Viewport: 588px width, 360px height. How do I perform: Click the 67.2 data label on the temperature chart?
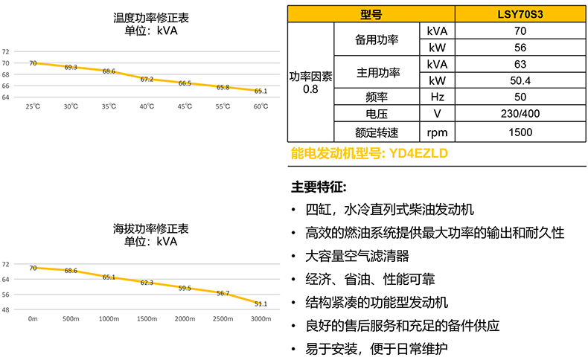[x=147, y=79]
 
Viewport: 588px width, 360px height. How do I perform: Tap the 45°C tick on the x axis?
[x=185, y=106]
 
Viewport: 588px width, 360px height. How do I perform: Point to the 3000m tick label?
[x=261, y=318]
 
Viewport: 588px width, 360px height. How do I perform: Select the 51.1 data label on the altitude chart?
[x=261, y=303]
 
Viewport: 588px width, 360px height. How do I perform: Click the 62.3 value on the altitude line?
[x=147, y=283]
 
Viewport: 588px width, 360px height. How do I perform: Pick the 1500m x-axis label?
[x=147, y=318]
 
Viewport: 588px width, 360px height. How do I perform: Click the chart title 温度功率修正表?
[x=147, y=18]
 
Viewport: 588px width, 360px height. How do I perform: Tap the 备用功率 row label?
[x=377, y=39]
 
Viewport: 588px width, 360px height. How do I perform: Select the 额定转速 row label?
[x=377, y=132]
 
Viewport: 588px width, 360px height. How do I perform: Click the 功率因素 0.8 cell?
[x=311, y=81]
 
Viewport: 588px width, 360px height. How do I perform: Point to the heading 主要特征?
[x=319, y=186]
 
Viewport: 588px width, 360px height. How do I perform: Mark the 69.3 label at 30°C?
[x=71, y=68]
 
